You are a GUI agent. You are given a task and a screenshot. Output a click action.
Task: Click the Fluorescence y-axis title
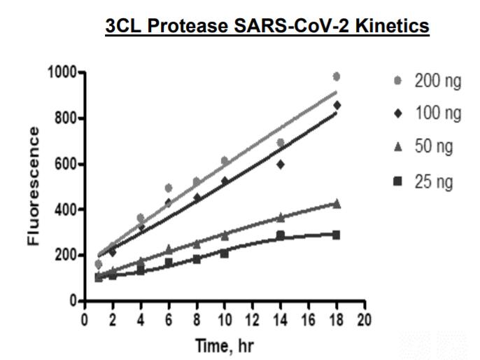pyautogui.click(x=34, y=187)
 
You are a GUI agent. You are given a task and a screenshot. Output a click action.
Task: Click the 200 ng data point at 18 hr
pyautogui.click(x=337, y=76)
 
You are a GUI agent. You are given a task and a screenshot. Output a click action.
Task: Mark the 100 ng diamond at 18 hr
pyautogui.click(x=337, y=105)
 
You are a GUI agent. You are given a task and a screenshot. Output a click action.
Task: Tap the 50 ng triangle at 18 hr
pyautogui.click(x=337, y=204)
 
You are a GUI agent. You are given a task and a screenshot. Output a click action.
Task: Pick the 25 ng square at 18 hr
pyautogui.click(x=337, y=235)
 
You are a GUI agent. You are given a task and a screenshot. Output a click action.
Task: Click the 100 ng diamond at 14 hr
pyautogui.click(x=281, y=165)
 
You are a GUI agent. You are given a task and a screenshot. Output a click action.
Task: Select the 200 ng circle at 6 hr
pyautogui.click(x=168, y=188)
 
